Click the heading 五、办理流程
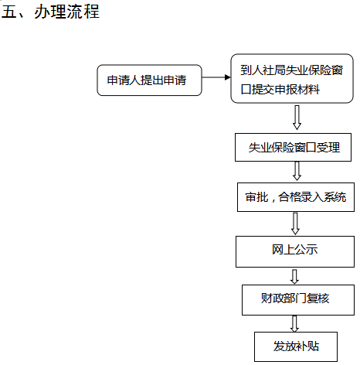pyautogui.click(x=50, y=12)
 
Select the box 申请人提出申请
pyautogui.click(x=149, y=80)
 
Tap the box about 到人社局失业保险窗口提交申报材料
pyautogui.click(x=292, y=79)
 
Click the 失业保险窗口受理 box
pyautogui.click(x=293, y=148)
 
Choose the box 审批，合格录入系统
pyautogui.click(x=296, y=197)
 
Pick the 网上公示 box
pyautogui.click(x=295, y=251)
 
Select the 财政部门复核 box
pyautogui.click(x=298, y=300)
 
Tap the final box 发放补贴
pyautogui.click(x=296, y=346)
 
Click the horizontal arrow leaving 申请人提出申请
pyautogui.click(x=216, y=77)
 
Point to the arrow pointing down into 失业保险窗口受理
pyautogui.click(x=297, y=118)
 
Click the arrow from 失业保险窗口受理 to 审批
pyautogui.click(x=297, y=171)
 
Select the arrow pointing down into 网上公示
pyautogui.click(x=295, y=223)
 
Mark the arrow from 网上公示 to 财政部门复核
pyautogui.click(x=294, y=277)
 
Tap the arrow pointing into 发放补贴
pyautogui.click(x=294, y=324)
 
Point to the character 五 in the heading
pyautogui.click(x=9, y=12)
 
